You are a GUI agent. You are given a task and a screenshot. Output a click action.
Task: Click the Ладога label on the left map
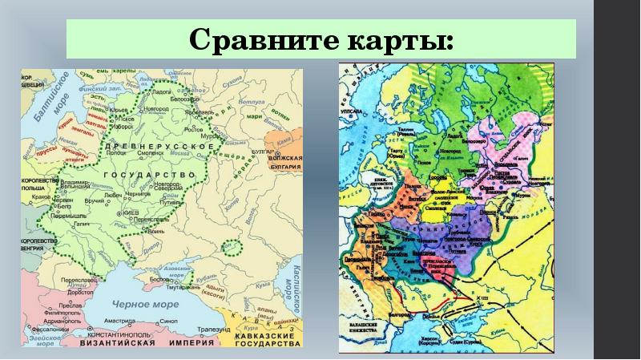pos(163,93)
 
